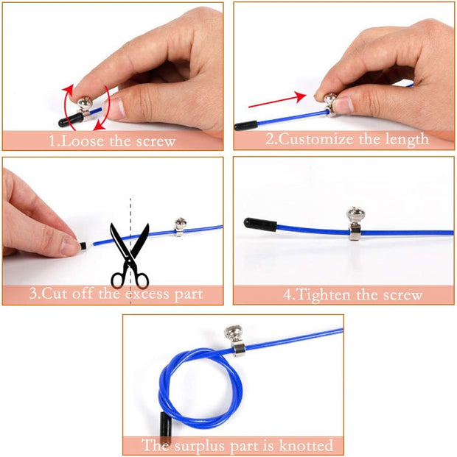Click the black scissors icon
click(129, 253)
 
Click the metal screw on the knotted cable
click(238, 339)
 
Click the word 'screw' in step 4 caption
click(402, 295)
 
